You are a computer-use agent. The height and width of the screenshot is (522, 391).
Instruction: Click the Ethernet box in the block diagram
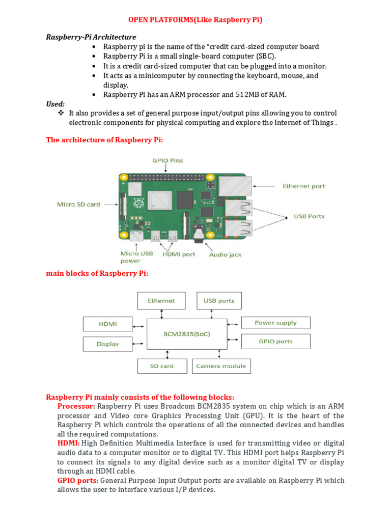tap(161, 301)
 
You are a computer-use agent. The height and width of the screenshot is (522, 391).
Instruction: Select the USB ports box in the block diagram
tap(219, 301)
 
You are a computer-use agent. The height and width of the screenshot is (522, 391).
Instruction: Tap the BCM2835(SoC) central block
tap(187, 334)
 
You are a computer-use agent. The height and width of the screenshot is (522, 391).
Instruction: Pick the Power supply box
tap(275, 323)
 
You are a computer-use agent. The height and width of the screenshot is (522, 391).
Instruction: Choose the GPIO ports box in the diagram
tap(275, 342)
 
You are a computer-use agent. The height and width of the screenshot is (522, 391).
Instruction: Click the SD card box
tap(161, 366)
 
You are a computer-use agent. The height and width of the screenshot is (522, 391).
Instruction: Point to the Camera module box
tap(221, 366)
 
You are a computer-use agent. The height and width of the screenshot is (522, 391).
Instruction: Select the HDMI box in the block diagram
tap(107, 324)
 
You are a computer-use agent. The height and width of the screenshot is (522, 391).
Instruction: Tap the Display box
tap(107, 344)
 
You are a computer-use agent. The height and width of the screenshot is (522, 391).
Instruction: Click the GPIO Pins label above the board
tap(167, 160)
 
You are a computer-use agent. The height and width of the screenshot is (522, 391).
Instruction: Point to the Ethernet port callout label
tap(303, 187)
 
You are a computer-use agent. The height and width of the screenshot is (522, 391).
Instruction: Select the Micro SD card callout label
tap(78, 204)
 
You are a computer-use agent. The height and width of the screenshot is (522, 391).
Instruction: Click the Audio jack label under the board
tap(225, 254)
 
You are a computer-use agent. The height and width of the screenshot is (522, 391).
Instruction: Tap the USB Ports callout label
tap(309, 216)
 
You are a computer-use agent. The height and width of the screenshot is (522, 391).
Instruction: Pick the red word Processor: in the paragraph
tap(76, 406)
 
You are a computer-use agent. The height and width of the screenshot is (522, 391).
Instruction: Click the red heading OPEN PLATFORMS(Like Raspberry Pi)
tap(195, 20)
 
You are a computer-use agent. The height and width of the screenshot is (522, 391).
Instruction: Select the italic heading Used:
tap(55, 103)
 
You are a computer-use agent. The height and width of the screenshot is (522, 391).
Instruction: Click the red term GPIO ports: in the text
tap(78, 480)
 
